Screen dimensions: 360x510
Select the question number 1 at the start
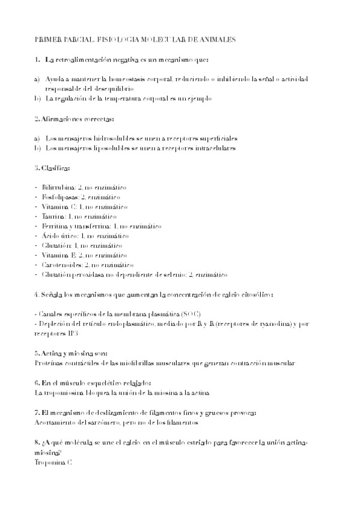click(x=37, y=60)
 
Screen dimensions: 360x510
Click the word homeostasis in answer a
click(x=130, y=79)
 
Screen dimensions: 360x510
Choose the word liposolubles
click(x=104, y=148)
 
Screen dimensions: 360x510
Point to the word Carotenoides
click(x=62, y=265)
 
